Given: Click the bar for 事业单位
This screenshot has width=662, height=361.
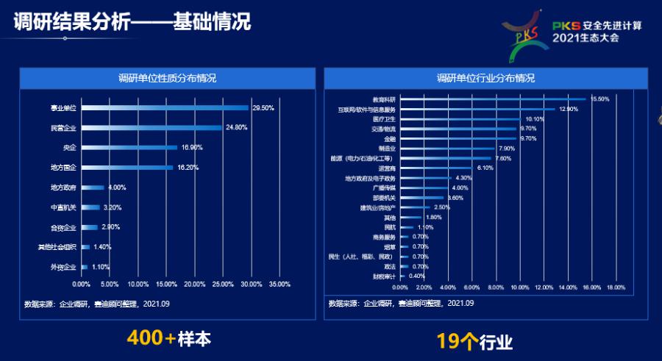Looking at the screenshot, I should pos(165,108).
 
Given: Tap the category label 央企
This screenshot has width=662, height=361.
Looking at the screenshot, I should pos(69,148).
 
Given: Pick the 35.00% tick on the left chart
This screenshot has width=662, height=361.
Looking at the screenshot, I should pos(280,284).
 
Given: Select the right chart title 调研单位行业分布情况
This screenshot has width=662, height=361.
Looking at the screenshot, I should pos(485,78).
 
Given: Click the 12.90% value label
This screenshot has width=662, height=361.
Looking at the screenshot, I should pos(569,109).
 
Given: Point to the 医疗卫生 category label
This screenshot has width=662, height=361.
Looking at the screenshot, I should pos(384,119).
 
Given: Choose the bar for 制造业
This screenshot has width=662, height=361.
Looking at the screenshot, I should pos(448,149).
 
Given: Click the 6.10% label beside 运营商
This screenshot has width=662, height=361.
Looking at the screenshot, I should pos(485,168).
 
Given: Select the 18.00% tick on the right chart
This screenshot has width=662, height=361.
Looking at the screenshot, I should pos(615,287).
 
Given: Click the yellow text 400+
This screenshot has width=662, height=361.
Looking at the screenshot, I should pos(151,338).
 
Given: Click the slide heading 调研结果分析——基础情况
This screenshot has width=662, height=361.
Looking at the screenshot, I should pos(132,22).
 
